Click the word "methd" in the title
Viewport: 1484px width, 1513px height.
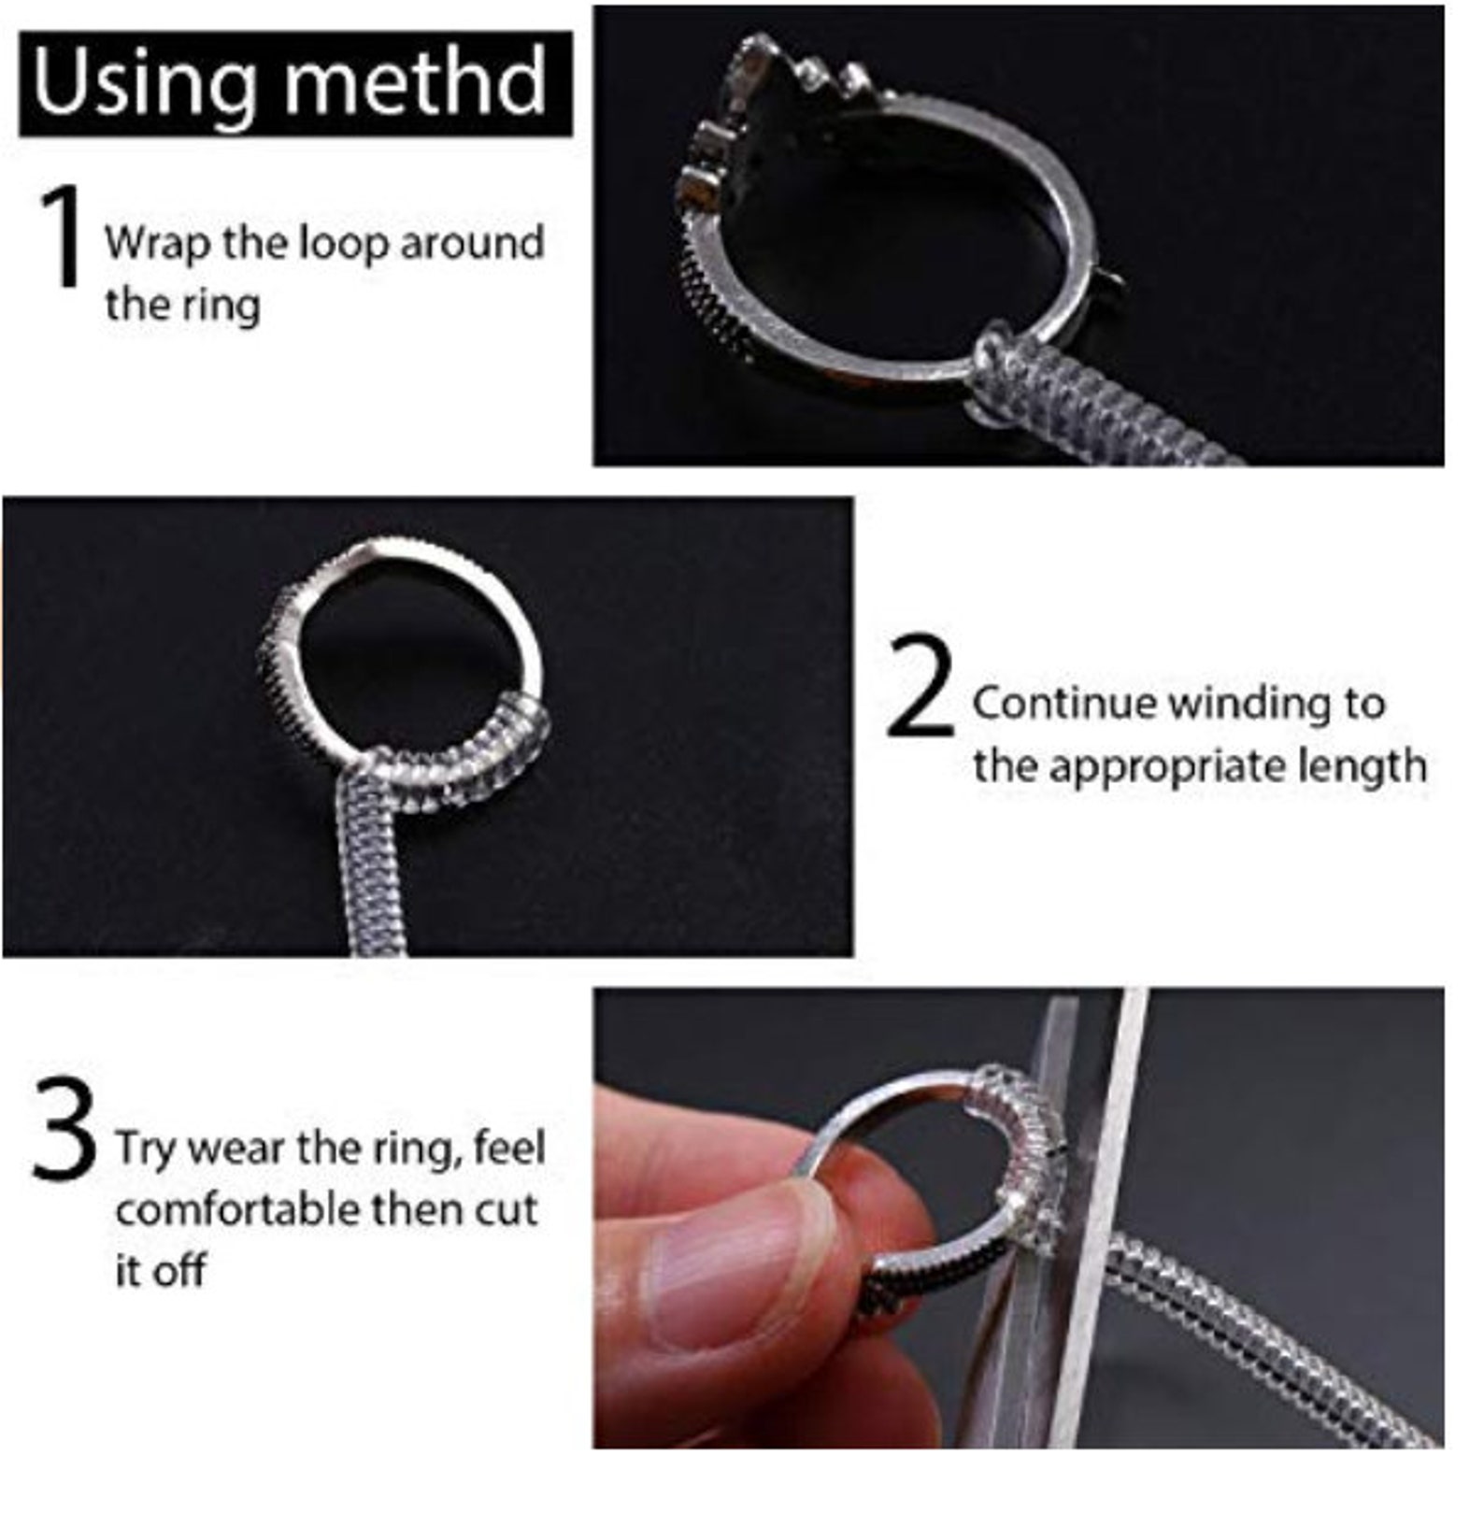pos(415,82)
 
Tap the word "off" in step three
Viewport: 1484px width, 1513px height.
pos(177,1272)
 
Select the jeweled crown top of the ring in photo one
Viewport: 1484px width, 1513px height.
pos(776,103)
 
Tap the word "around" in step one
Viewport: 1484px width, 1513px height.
pos(472,245)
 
